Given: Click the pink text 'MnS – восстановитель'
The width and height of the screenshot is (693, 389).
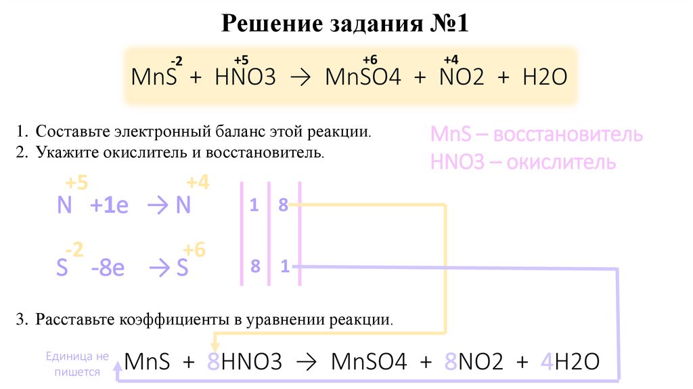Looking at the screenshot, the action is (x=537, y=134).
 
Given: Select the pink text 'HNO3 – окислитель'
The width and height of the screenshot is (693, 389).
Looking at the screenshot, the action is (x=523, y=163).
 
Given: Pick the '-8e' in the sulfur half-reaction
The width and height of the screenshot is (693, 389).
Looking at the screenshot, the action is (x=108, y=268).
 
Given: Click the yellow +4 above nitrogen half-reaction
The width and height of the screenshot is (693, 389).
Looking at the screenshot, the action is (x=198, y=182).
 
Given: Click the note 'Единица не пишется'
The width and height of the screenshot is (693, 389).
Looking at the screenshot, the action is (x=76, y=364).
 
